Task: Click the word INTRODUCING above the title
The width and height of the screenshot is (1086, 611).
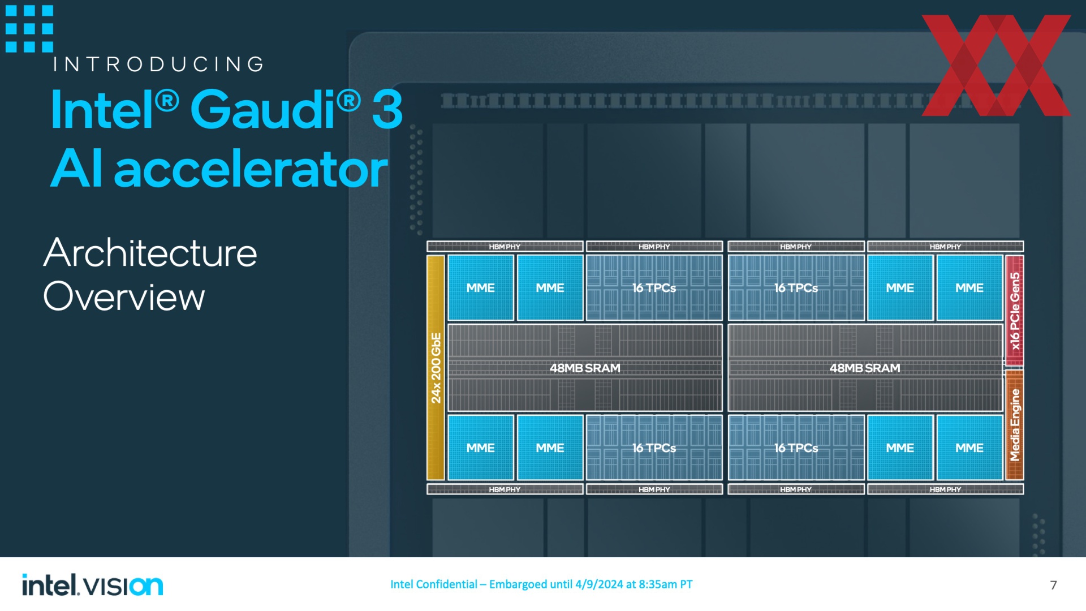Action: pos(158,64)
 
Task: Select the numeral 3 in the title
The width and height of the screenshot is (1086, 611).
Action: pos(387,109)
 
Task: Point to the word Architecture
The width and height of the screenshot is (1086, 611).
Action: pos(150,253)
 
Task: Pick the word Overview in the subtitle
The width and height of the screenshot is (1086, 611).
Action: pos(124,296)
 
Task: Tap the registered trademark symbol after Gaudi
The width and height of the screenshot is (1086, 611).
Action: pos(348,102)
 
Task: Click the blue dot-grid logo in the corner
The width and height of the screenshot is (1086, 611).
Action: pos(29,29)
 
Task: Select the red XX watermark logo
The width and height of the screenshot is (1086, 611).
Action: pos(996,66)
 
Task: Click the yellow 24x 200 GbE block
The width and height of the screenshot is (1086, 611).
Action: pos(436,368)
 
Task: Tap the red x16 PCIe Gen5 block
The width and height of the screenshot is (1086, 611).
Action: pos(1015,311)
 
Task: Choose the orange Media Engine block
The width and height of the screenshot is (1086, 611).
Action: pos(1015,425)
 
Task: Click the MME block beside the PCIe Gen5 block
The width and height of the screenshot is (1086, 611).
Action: pos(969,288)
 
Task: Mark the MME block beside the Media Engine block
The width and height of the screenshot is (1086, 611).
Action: pos(969,448)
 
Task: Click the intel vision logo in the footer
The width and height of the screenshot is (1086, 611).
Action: pos(93,585)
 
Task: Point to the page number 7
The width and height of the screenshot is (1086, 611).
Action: pos(1053,585)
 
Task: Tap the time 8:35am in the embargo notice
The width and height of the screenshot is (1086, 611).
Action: pos(658,584)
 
